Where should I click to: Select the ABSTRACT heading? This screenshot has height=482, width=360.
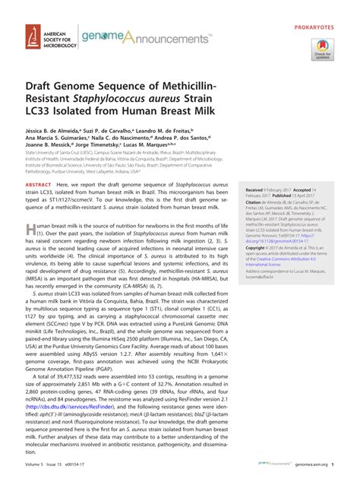point(39,206)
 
